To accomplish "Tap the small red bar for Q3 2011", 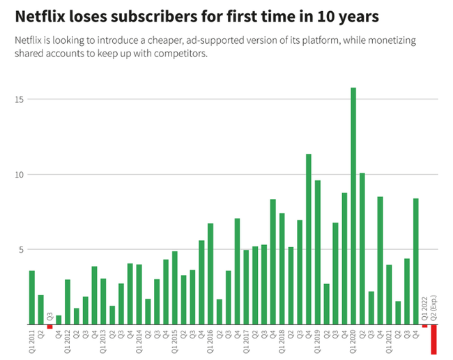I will coord(49,327).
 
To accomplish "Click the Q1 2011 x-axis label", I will coord(32,341).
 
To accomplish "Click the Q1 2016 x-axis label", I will coord(210,341).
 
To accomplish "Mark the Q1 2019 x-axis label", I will coord(318,341).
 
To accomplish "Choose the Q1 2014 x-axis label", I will coord(139,341).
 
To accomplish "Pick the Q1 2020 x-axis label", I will coord(353,341).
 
